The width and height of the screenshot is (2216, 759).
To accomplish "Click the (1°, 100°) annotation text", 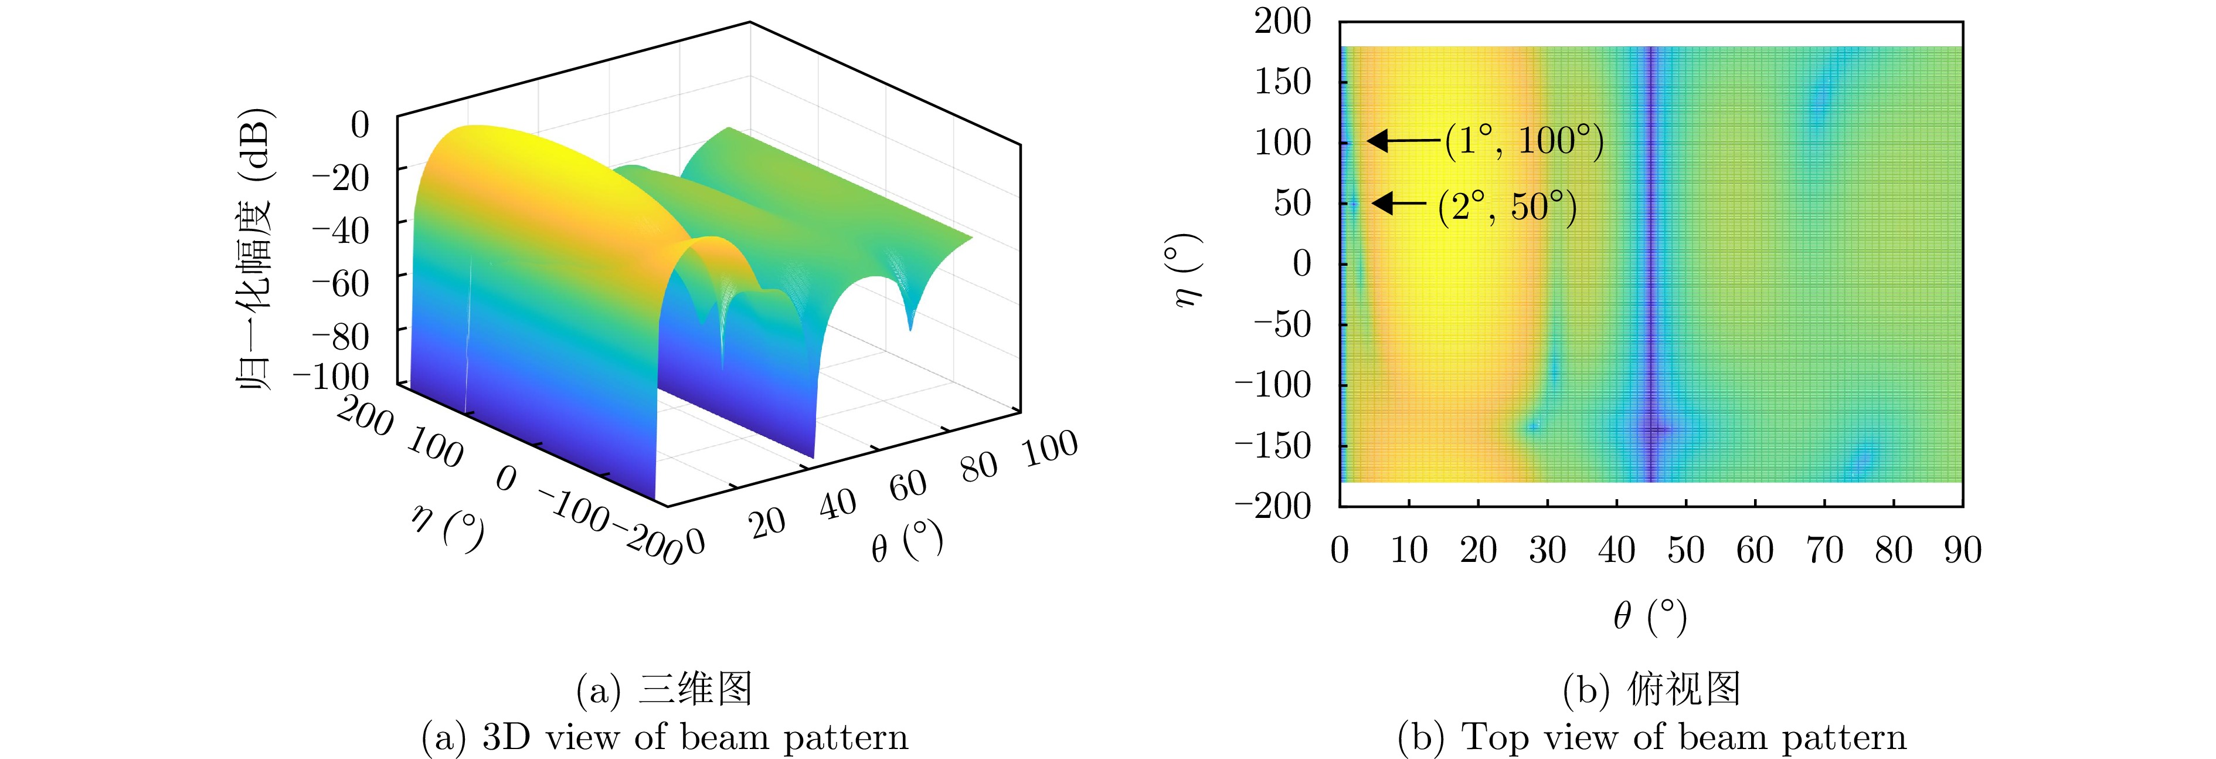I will [x=1524, y=141].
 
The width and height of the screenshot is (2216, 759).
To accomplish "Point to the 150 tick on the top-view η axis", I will [x=1283, y=82].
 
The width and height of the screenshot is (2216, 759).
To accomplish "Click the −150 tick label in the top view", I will [x=1274, y=445].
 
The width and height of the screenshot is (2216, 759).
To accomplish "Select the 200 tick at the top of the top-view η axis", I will [x=1283, y=22].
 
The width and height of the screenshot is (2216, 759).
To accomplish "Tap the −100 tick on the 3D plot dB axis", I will [x=331, y=376].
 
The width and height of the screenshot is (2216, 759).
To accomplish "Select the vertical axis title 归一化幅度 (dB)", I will [x=254, y=249].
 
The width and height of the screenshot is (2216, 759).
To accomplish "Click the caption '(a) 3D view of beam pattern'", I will [x=665, y=737].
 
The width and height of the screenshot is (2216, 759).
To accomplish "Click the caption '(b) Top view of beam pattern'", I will [x=1651, y=737].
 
